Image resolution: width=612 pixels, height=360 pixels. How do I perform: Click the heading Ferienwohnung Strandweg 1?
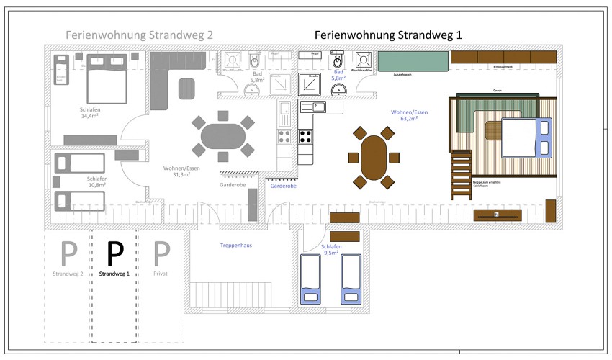[388, 35]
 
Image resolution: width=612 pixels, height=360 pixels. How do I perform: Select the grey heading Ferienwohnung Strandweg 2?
[139, 35]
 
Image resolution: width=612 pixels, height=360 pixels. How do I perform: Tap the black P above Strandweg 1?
[115, 253]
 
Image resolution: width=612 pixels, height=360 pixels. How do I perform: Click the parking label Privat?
[162, 274]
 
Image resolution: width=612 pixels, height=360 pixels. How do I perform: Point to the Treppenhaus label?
[235, 246]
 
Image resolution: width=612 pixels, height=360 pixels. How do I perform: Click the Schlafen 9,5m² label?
[331, 250]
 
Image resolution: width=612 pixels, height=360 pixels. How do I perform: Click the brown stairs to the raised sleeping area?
[459, 176]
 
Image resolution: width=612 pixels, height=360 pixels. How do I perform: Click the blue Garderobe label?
[284, 186]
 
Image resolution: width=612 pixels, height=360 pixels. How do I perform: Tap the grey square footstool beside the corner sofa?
[187, 89]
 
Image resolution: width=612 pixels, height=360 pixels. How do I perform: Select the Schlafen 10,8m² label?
[97, 181]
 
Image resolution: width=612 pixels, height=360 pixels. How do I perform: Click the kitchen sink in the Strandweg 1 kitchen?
[314, 107]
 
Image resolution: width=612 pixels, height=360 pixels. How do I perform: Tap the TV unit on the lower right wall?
[497, 215]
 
